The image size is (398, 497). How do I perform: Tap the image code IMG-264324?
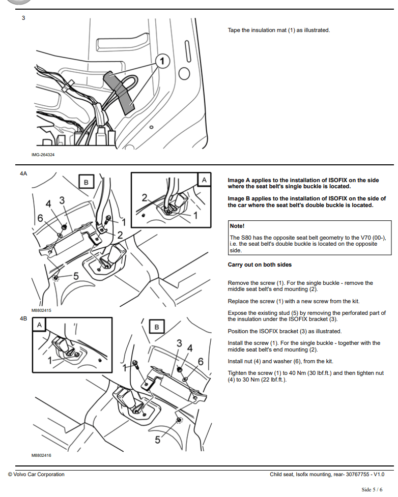pos(43,155)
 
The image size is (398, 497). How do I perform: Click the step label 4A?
pos(23,173)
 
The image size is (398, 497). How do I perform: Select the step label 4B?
pos(23,319)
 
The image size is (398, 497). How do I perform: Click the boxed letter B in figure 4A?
pos(86,182)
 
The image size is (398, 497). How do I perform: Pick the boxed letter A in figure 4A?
pos(204,180)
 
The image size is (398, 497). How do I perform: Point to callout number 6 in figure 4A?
pos(40,218)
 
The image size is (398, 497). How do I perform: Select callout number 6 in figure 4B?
pos(201,361)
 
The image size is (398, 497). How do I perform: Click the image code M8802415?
pos(41,310)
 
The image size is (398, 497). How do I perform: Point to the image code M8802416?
pos(41,455)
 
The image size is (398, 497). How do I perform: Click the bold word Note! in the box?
pos(237,226)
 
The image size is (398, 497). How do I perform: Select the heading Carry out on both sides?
pos(260,265)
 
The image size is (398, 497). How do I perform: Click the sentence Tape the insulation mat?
pos(278,30)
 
